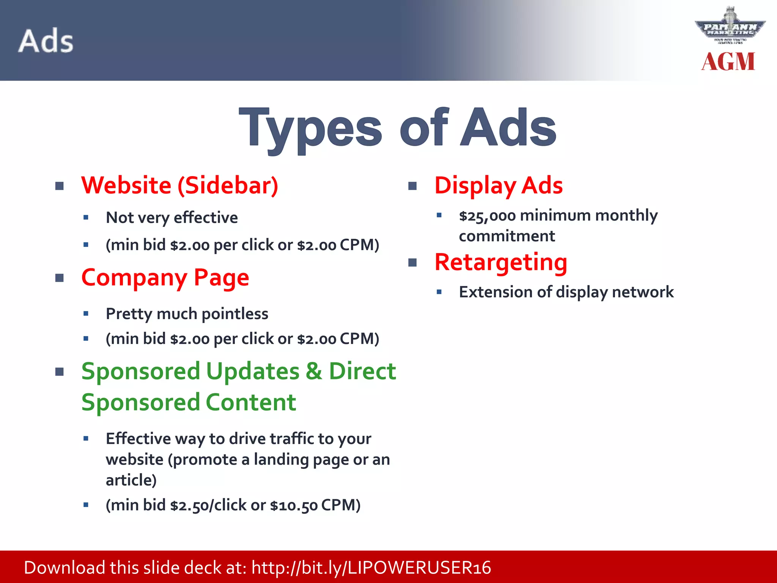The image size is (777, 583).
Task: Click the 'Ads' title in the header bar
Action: click(46, 41)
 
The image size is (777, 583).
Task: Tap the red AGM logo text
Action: click(728, 62)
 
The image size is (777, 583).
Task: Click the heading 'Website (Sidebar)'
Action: click(179, 186)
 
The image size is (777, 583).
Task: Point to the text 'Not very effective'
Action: click(171, 218)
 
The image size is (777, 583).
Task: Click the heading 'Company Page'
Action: click(165, 277)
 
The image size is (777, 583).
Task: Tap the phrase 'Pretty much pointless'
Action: click(187, 314)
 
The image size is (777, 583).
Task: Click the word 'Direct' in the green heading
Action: click(362, 371)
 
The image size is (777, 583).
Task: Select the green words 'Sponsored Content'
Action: click(189, 402)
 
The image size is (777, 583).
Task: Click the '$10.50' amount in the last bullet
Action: click(294, 506)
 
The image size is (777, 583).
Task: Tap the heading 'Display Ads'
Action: click(498, 186)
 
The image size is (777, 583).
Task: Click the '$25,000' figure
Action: click(487, 216)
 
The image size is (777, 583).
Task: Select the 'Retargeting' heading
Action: click(501, 262)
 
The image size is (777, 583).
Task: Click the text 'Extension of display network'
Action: click(566, 292)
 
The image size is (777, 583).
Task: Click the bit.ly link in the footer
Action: click(371, 568)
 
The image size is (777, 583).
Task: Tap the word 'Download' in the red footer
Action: click(64, 568)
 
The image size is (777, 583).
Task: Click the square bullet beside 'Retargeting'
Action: click(412, 263)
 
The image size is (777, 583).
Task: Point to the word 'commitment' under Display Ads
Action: click(506, 236)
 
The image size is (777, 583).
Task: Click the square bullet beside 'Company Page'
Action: click(60, 278)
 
